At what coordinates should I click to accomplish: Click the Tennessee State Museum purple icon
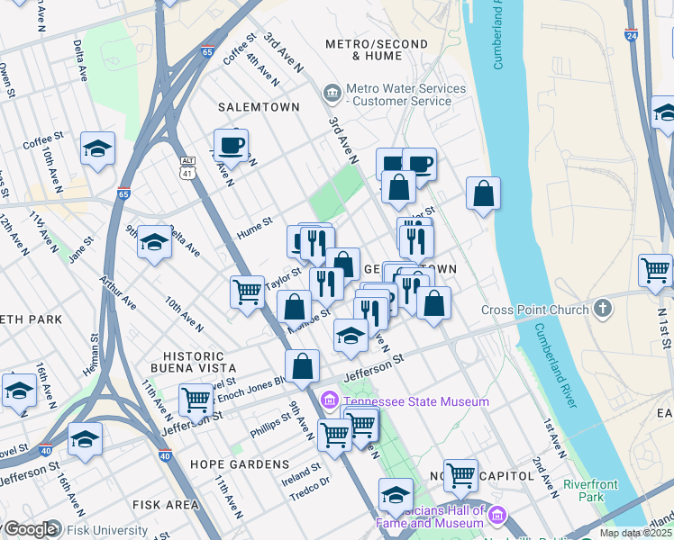coord(330,400)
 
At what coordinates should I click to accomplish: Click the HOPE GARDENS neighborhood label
coord(239,463)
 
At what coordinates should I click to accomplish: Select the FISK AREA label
coord(166,505)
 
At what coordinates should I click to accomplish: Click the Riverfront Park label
coord(590,490)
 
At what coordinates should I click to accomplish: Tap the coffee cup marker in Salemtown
coord(231,145)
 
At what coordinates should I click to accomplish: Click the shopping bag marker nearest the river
coord(483,193)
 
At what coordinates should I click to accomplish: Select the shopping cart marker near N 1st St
coord(655,268)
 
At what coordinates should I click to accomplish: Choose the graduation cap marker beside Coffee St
coord(97,149)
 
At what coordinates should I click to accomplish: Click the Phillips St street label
coord(270,426)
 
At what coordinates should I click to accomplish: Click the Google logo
coord(30,529)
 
